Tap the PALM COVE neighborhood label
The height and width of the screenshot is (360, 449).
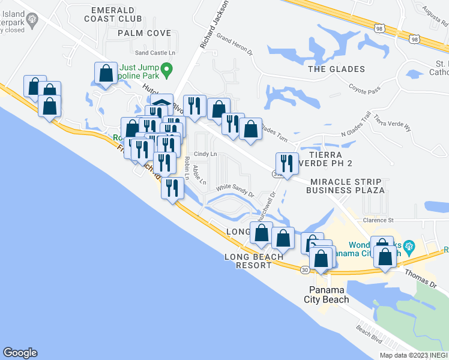(x=144, y=34)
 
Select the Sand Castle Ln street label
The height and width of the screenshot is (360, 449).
(x=155, y=53)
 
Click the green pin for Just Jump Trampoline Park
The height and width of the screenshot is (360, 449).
(x=169, y=71)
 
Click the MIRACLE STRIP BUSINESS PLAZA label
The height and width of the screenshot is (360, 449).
(x=345, y=186)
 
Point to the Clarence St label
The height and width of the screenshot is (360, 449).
(x=378, y=220)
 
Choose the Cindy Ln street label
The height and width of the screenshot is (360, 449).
(x=205, y=154)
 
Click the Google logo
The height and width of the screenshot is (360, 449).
(x=20, y=353)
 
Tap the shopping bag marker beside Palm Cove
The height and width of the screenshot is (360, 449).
(x=106, y=74)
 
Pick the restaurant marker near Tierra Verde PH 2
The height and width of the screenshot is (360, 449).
(x=287, y=163)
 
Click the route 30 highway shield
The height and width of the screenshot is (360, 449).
(x=306, y=271)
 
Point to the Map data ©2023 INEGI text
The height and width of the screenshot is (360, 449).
(x=413, y=355)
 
